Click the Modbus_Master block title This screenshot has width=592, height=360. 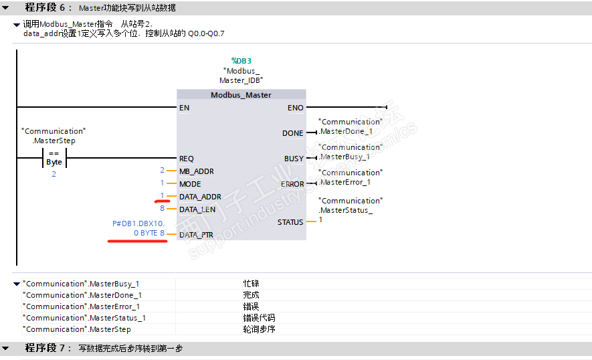pyautogui.click(x=241, y=95)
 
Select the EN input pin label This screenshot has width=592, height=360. pyautogui.click(x=184, y=108)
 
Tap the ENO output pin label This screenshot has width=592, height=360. pyautogui.click(x=295, y=108)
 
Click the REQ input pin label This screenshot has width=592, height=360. pyautogui.click(x=187, y=159)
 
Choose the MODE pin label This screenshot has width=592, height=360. pyautogui.click(x=190, y=184)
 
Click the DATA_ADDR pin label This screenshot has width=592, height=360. pyautogui.click(x=200, y=197)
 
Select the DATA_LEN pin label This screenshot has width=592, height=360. pyautogui.click(x=197, y=209)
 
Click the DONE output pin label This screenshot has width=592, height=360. pyautogui.click(x=292, y=133)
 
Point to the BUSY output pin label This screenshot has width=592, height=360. pyautogui.click(x=294, y=159)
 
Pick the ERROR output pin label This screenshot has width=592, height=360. pyautogui.click(x=292, y=184)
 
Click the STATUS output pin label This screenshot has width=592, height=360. pyautogui.click(x=290, y=222)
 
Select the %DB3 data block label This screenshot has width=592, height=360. pyautogui.click(x=241, y=61)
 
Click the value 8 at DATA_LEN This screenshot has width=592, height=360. pyautogui.click(x=162, y=209)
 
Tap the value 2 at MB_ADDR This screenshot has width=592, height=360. pyautogui.click(x=162, y=171)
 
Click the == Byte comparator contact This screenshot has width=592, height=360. pyautogui.click(x=54, y=158)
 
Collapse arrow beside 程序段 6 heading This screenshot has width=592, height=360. pyautogui.click(x=6, y=7)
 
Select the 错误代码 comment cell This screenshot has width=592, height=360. pyautogui.click(x=259, y=318)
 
